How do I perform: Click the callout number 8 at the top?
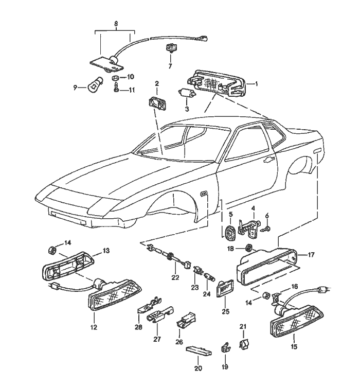point(116,24)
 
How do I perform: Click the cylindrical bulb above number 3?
point(186,94)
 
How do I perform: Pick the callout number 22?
point(175,278)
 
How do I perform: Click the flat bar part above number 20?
point(200,351)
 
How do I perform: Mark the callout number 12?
point(94,327)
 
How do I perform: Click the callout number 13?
point(106,251)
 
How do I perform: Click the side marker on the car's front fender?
point(204,194)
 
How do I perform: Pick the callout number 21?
point(243,326)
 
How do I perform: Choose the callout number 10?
point(130,77)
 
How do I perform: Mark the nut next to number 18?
point(248,247)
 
